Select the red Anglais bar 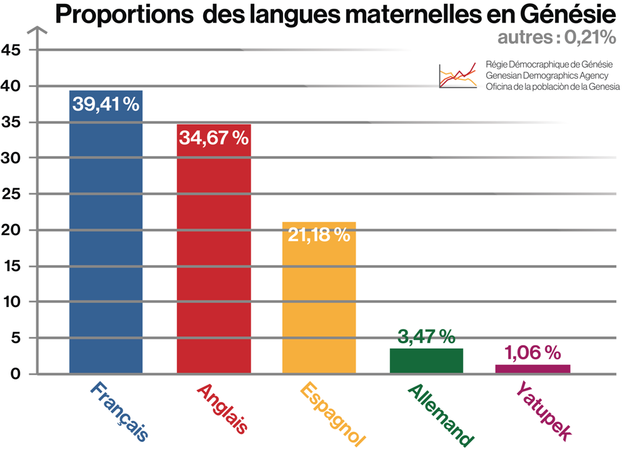coord(214,263)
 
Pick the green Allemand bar coord(426,361)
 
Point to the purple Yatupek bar coord(532,369)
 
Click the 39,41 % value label coord(106,104)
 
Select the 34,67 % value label coord(214,138)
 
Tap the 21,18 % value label coord(319,235)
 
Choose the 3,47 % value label coord(426,338)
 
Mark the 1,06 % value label coord(532,354)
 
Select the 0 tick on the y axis coord(16,374)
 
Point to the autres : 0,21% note coord(557,38)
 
